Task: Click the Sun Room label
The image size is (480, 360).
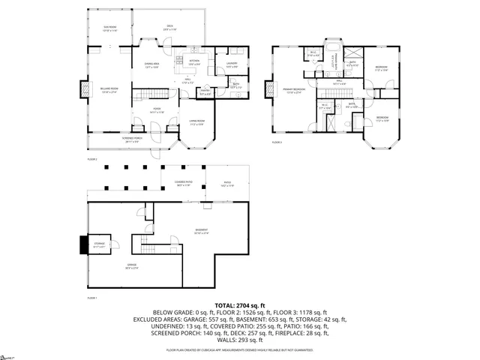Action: (109, 28)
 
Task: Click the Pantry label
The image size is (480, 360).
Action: (205, 93)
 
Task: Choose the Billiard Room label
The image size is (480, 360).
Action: (109, 90)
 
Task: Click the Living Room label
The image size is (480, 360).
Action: (197, 123)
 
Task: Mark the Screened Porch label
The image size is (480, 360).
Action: (132, 139)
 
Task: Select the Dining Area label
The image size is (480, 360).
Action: (153, 65)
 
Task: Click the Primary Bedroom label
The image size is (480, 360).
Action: (292, 91)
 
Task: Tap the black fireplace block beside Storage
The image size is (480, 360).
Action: (82, 245)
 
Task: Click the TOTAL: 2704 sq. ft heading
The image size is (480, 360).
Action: (239, 305)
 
